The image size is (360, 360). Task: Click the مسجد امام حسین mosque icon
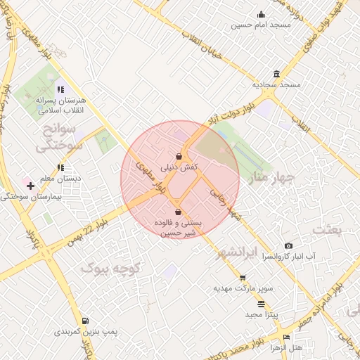tap(262, 15)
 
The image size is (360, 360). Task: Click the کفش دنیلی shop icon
tap(179, 156)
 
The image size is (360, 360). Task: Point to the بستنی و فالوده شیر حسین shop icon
tap(177, 212)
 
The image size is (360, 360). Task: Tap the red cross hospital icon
tap(30, 186)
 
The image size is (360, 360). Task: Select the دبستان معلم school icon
tap(61, 167)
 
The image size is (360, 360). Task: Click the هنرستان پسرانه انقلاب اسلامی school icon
tap(60, 89)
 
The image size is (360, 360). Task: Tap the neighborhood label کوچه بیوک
tap(112, 268)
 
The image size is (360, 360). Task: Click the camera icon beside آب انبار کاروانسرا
tap(288, 245)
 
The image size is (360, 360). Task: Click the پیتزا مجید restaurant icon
tap(262, 304)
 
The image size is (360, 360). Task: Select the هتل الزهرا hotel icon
tap(284, 337)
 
